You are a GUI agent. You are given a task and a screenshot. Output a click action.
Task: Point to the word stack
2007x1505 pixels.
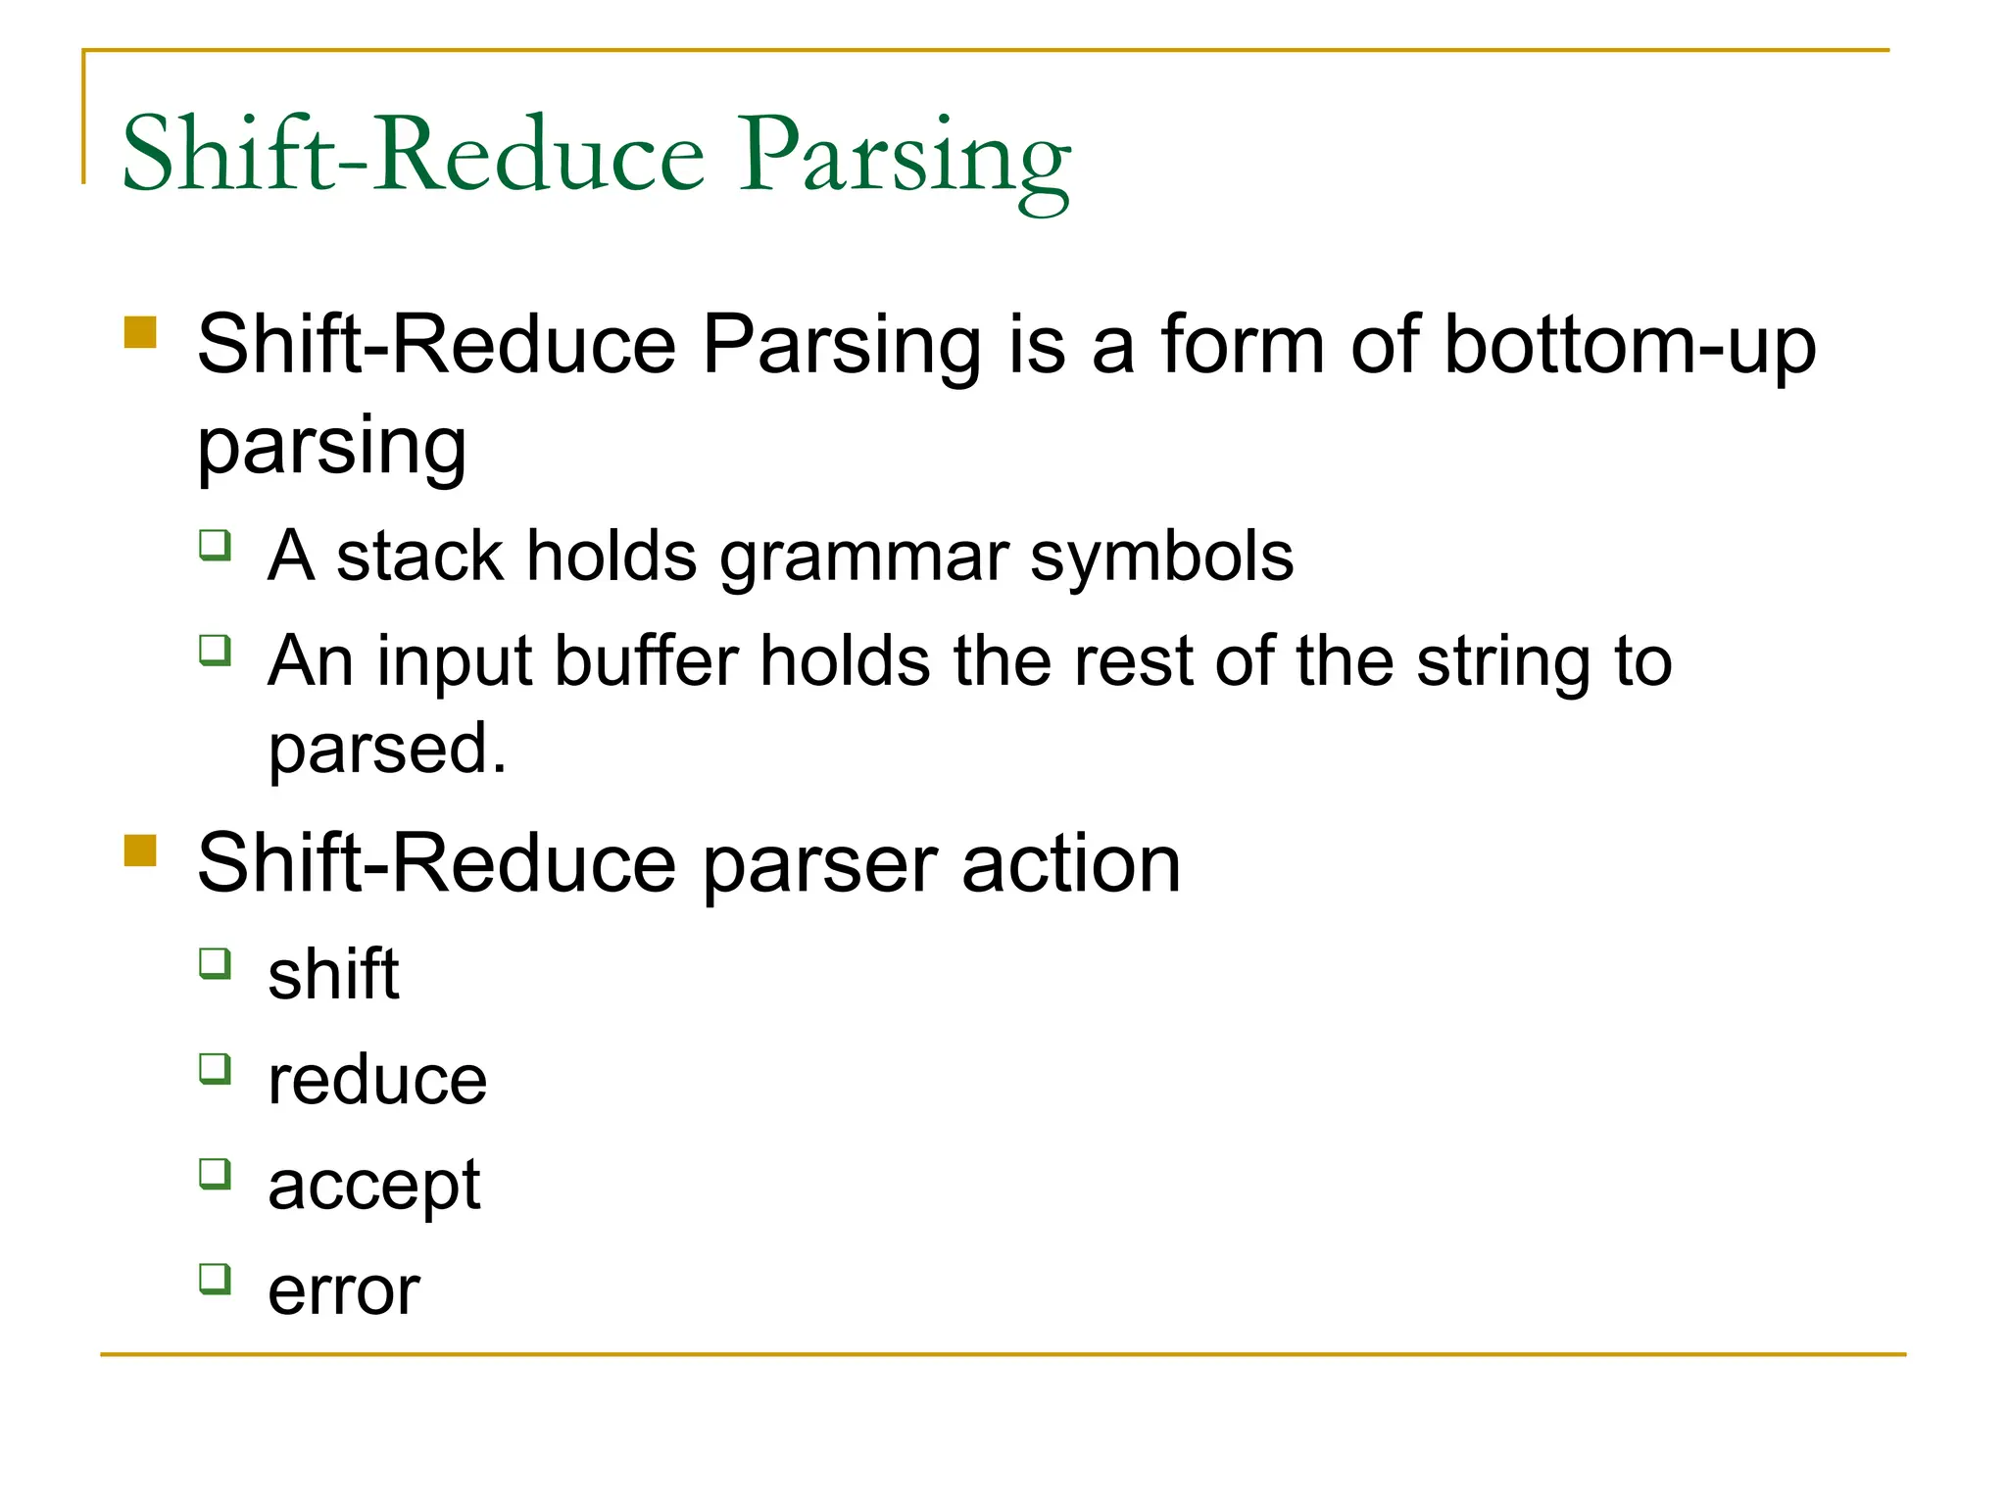(418, 557)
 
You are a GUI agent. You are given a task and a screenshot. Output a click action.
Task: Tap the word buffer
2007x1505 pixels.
(646, 660)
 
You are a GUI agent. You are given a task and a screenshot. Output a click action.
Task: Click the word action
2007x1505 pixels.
(1070, 864)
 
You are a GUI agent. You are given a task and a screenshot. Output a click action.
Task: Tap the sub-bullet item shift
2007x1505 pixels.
(333, 975)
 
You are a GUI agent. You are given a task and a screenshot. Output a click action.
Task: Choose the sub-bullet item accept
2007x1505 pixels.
(373, 1187)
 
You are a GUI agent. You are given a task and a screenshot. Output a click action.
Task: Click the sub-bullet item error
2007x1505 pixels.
(344, 1290)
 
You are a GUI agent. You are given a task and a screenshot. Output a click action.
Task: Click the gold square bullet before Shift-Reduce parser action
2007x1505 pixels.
(141, 850)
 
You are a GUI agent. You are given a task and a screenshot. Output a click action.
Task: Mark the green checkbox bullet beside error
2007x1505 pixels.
(215, 1279)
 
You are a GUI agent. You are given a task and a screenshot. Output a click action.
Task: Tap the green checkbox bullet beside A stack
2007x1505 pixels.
(215, 544)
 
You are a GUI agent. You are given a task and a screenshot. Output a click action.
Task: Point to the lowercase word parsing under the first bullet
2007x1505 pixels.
(331, 447)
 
